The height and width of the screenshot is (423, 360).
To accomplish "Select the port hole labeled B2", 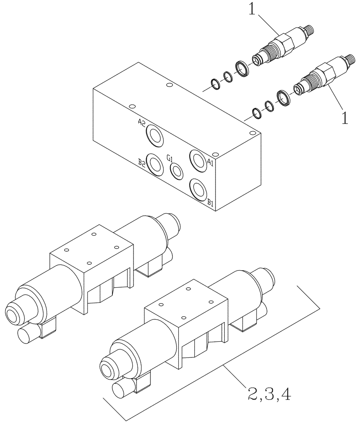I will tap(154, 164).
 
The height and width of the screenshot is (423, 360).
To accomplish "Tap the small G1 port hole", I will tap(176, 170).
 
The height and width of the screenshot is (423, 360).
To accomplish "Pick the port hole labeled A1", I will tap(198, 159).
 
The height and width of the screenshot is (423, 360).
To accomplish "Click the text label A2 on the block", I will tap(142, 123).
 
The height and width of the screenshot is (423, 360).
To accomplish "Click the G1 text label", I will tap(169, 158).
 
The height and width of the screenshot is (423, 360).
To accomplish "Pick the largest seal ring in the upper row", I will tap(242, 68).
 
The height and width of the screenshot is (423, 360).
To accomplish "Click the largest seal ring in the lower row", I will tap(283, 98).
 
